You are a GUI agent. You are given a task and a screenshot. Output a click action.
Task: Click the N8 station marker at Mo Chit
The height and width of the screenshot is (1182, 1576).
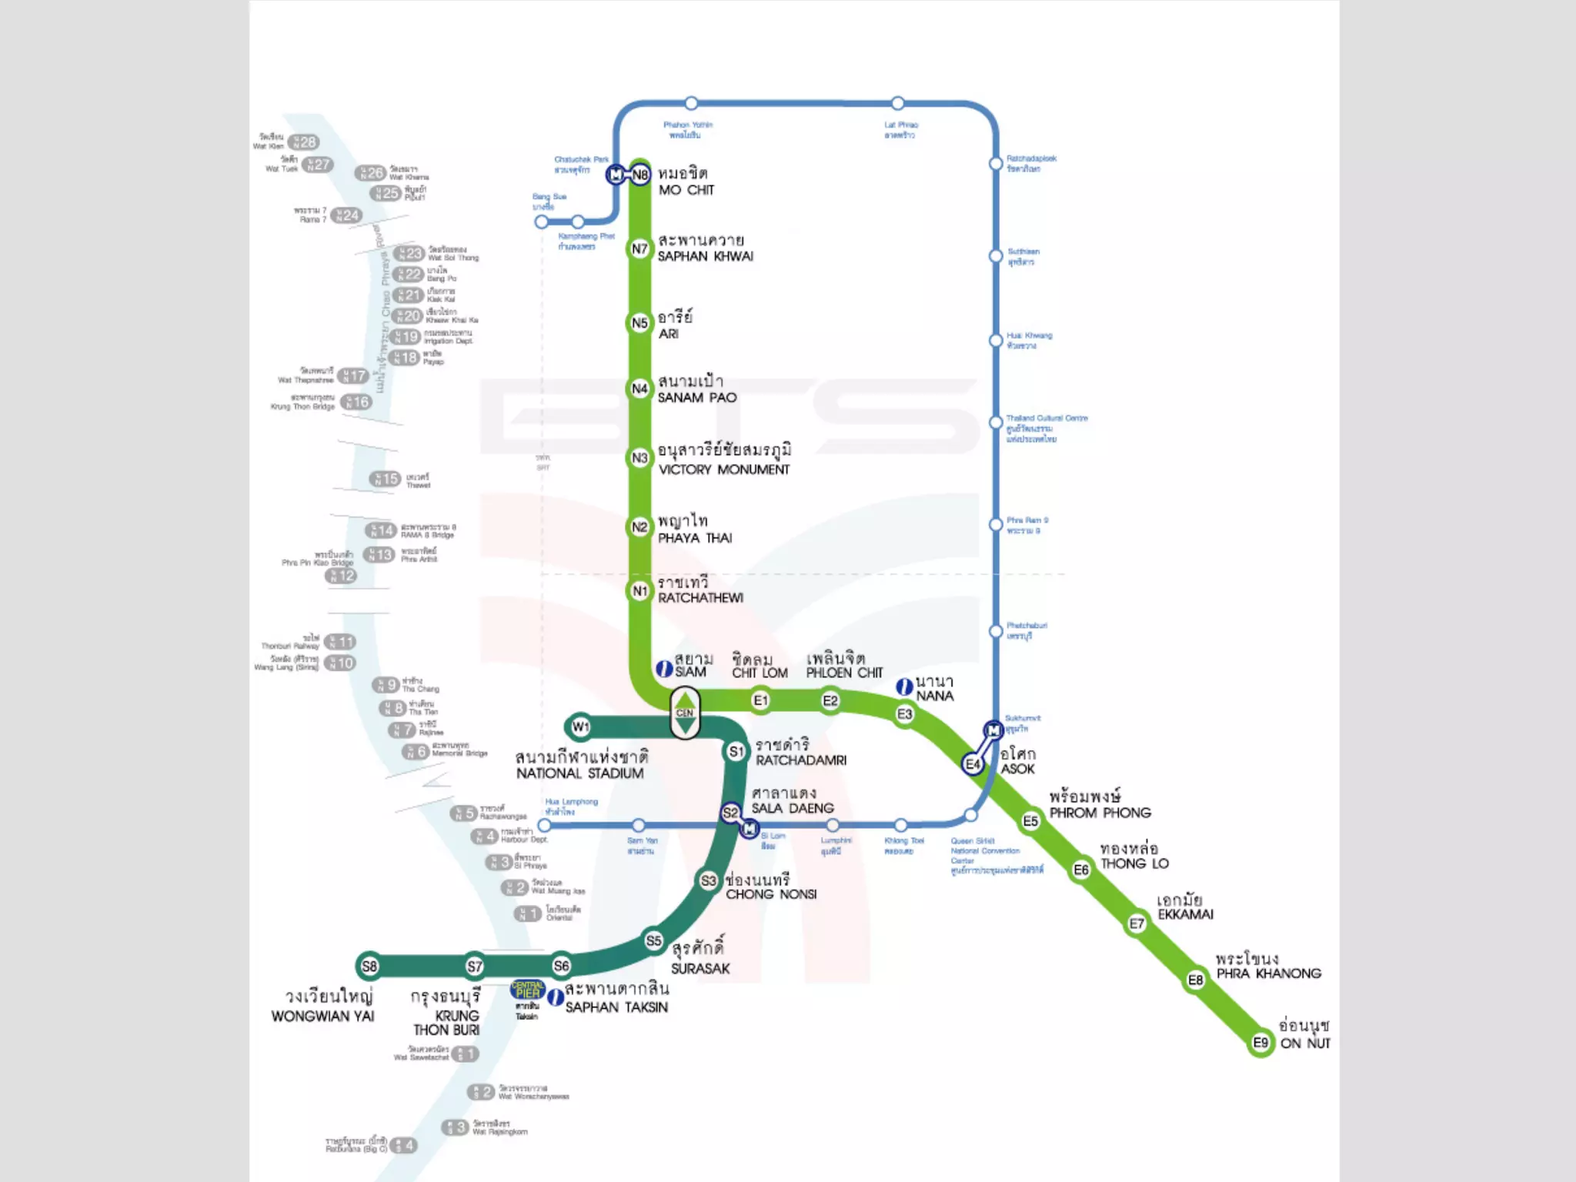click(640, 175)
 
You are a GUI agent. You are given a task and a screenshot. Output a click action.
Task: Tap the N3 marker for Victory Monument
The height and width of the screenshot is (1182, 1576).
click(639, 458)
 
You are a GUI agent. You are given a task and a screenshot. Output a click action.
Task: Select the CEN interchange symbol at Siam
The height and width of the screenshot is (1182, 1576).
click(685, 713)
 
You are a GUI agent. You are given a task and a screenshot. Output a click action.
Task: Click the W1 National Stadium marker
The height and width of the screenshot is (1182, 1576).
click(580, 726)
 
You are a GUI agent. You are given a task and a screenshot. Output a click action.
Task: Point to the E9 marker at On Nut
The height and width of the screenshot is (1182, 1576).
click(1260, 1043)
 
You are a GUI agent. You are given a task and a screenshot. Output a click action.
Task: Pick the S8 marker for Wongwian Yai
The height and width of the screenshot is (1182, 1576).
click(369, 966)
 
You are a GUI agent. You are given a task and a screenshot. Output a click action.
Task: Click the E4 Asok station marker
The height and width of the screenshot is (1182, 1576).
click(973, 764)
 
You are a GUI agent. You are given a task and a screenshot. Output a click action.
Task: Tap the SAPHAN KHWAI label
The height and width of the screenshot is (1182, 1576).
click(705, 256)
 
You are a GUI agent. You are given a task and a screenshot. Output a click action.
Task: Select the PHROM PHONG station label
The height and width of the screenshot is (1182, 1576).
click(1100, 813)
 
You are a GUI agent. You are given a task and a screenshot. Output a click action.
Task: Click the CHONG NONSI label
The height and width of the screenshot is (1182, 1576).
click(771, 894)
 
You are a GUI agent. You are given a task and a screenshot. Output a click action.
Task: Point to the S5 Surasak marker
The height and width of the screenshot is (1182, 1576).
click(653, 940)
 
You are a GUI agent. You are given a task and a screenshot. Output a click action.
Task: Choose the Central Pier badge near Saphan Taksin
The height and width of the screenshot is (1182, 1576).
click(528, 990)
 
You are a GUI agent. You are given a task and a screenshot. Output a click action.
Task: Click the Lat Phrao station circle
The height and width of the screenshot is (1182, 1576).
click(898, 103)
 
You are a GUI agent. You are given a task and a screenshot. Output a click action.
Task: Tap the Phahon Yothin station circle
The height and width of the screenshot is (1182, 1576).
click(691, 103)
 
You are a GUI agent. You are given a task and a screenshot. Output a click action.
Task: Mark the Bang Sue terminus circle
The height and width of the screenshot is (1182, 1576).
click(542, 222)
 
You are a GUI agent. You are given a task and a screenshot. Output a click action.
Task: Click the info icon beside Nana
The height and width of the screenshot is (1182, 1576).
click(905, 687)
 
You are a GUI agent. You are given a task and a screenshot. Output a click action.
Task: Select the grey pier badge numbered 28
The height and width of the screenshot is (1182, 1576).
click(303, 142)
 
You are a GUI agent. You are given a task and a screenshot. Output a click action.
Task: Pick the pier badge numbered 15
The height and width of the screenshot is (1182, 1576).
click(385, 479)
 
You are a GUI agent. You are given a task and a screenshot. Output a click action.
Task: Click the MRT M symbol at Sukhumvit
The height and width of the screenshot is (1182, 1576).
click(993, 730)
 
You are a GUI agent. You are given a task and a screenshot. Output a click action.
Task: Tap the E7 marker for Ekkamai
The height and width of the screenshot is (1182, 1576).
click(1137, 923)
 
